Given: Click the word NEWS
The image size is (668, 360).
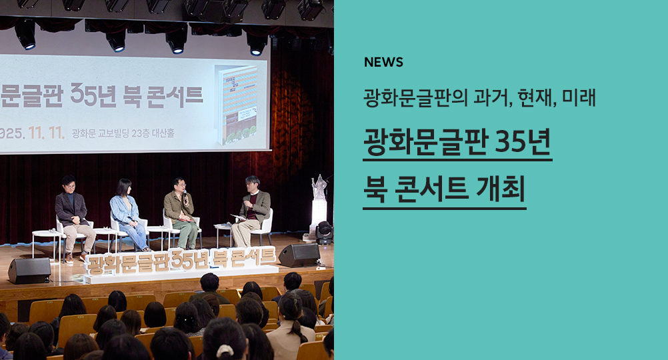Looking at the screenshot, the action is point(383,62).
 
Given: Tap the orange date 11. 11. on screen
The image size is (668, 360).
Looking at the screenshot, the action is point(47,133).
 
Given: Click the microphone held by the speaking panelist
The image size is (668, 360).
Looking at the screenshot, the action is point(185,196).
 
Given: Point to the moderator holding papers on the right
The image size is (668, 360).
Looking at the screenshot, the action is point(251,211).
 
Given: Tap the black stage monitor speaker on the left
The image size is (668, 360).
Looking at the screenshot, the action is point(29,271).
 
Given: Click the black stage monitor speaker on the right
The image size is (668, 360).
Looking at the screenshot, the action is point(299,255).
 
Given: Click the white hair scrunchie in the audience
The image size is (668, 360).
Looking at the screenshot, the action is point(225,351).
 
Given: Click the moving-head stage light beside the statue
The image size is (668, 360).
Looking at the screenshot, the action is point(324,233).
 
